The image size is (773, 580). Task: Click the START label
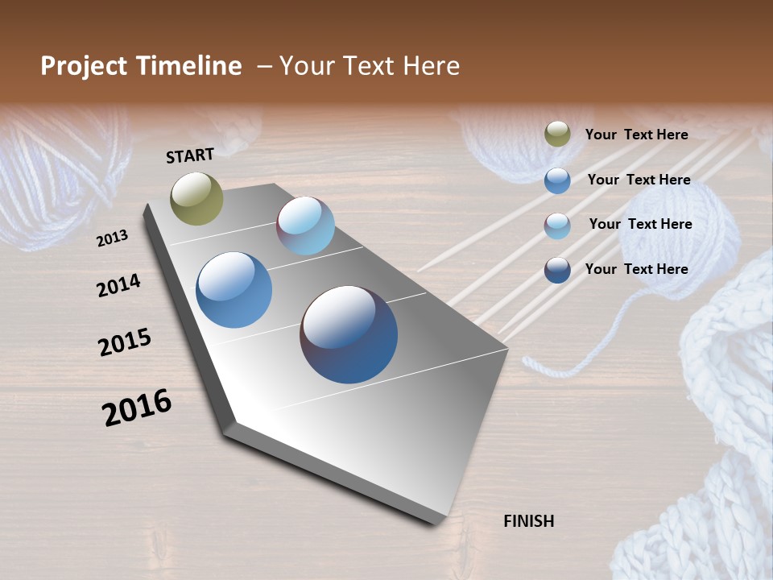(x=190, y=155)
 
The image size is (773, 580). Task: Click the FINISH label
(x=528, y=521)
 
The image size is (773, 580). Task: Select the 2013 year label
(x=112, y=238)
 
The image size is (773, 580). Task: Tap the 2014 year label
(x=118, y=285)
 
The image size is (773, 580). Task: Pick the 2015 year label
(x=124, y=342)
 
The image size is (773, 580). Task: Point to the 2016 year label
(x=137, y=408)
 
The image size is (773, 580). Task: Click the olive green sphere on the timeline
(x=196, y=198)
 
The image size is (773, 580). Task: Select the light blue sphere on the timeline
(x=305, y=226)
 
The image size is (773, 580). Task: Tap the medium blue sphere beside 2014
(x=234, y=290)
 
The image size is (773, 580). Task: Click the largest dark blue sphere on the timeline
(x=349, y=334)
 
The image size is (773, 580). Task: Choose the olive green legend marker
(x=557, y=135)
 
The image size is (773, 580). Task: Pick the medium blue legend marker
(x=557, y=180)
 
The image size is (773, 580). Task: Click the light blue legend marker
(x=557, y=226)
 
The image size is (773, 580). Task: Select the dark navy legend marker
(x=557, y=270)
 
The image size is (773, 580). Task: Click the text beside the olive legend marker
(x=636, y=135)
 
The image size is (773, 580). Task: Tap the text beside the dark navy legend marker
(x=636, y=269)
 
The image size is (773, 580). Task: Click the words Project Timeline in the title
(x=141, y=66)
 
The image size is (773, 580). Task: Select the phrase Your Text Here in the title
(x=369, y=66)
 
